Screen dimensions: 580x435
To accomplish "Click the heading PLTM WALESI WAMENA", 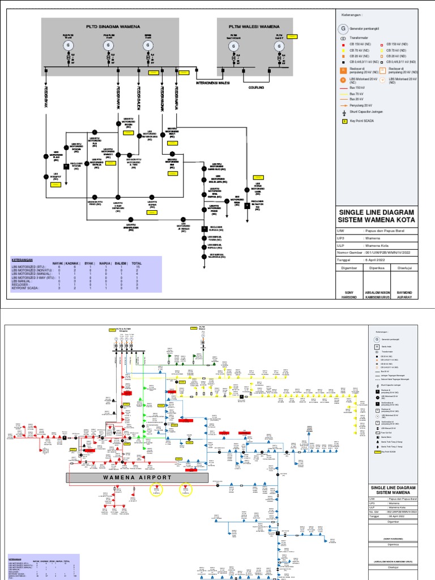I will click(x=254, y=27).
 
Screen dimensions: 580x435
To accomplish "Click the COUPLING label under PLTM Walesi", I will click(x=257, y=88).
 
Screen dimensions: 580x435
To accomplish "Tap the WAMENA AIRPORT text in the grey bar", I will click(x=137, y=477).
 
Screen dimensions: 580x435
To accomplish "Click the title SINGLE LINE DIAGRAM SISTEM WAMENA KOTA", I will click(x=376, y=215).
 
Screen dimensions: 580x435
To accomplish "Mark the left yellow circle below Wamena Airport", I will click(x=155, y=490).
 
